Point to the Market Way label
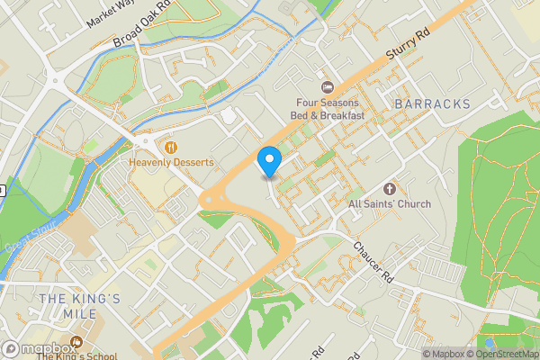[x=109, y=15]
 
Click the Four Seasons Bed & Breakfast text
[x=328, y=109]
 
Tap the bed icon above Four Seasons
[x=328, y=86]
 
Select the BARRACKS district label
[x=432, y=104]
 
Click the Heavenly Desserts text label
[x=171, y=163]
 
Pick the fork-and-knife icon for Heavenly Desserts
[x=168, y=145]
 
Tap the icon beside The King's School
[x=76, y=341]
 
